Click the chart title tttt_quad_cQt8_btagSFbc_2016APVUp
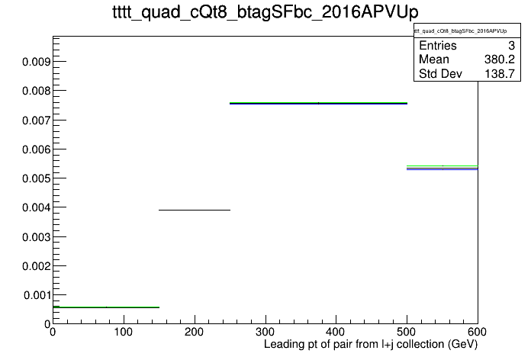tap(265, 12)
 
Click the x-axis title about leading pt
tap(371, 345)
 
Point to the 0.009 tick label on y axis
tap(36, 62)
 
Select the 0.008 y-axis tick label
tap(36, 91)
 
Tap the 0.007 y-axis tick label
tap(36, 121)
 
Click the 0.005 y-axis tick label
tap(36, 178)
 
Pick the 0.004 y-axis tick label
tap(36, 207)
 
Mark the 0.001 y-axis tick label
tap(37, 295)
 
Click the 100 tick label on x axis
tap(124, 332)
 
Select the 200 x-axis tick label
tap(194, 332)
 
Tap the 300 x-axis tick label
tap(265, 332)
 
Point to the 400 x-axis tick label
tap(336, 332)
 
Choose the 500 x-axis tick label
tap(407, 332)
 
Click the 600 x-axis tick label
tap(477, 332)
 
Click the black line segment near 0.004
tap(195, 210)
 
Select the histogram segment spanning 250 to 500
tap(318, 103)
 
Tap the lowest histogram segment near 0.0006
tap(106, 307)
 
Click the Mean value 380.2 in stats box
tap(500, 59)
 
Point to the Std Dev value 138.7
tap(500, 73)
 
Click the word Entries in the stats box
tap(438, 45)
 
